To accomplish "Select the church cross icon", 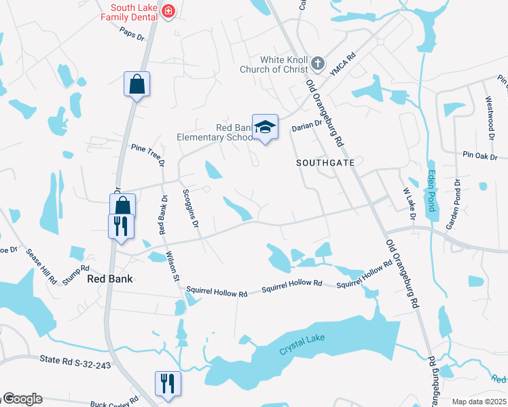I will (317, 64).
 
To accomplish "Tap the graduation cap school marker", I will (265, 127).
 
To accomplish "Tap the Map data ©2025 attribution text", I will (479, 402).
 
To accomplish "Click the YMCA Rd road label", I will (342, 66).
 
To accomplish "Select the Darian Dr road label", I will (306, 127).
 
